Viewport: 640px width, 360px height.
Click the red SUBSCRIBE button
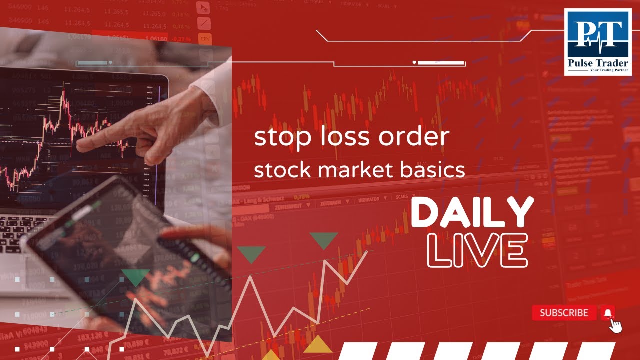click(564, 313)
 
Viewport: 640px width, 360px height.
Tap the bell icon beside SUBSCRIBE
click(608, 313)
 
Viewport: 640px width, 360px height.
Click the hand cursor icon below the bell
click(616, 326)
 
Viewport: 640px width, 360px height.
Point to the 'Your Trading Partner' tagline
click(609, 71)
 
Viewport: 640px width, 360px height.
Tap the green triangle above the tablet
click(135, 277)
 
